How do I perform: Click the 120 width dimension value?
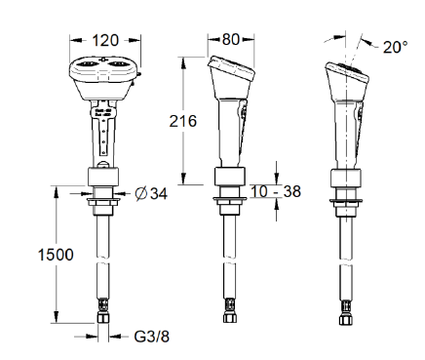(105, 40)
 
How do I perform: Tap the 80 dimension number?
(231, 39)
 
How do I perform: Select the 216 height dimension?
(183, 121)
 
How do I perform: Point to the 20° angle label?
(395, 47)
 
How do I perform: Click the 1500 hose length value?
(56, 255)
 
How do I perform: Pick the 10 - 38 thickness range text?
(276, 191)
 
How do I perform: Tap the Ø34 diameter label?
(151, 194)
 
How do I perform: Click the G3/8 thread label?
(152, 337)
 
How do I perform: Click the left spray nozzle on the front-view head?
(88, 64)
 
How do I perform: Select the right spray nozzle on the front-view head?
(117, 64)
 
